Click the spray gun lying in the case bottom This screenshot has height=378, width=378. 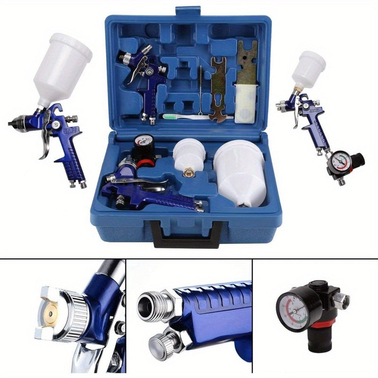click(x=151, y=189)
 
